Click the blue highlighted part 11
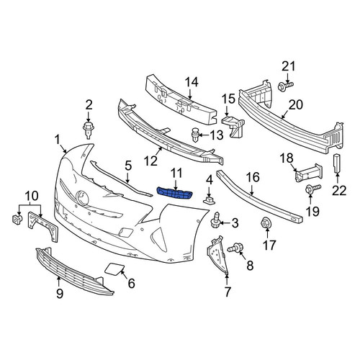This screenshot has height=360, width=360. point(174,193)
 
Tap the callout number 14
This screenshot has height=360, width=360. point(192,82)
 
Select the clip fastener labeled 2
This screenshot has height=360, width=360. point(89,130)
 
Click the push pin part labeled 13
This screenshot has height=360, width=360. point(196,135)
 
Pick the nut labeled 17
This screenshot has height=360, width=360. point(266,223)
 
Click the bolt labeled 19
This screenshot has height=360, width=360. point(312,189)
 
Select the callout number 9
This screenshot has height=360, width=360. point(60,293)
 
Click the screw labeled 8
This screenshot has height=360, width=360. point(235,247)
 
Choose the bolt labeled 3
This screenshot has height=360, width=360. point(215,220)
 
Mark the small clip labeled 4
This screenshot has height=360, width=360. point(209,200)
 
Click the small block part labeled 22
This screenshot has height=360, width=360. point(337,163)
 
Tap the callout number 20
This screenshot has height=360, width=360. point(296,104)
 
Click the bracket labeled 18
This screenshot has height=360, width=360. point(309,173)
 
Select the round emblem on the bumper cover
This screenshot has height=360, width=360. point(82,198)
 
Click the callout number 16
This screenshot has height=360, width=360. point(253,177)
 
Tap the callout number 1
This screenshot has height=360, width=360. point(57,140)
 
